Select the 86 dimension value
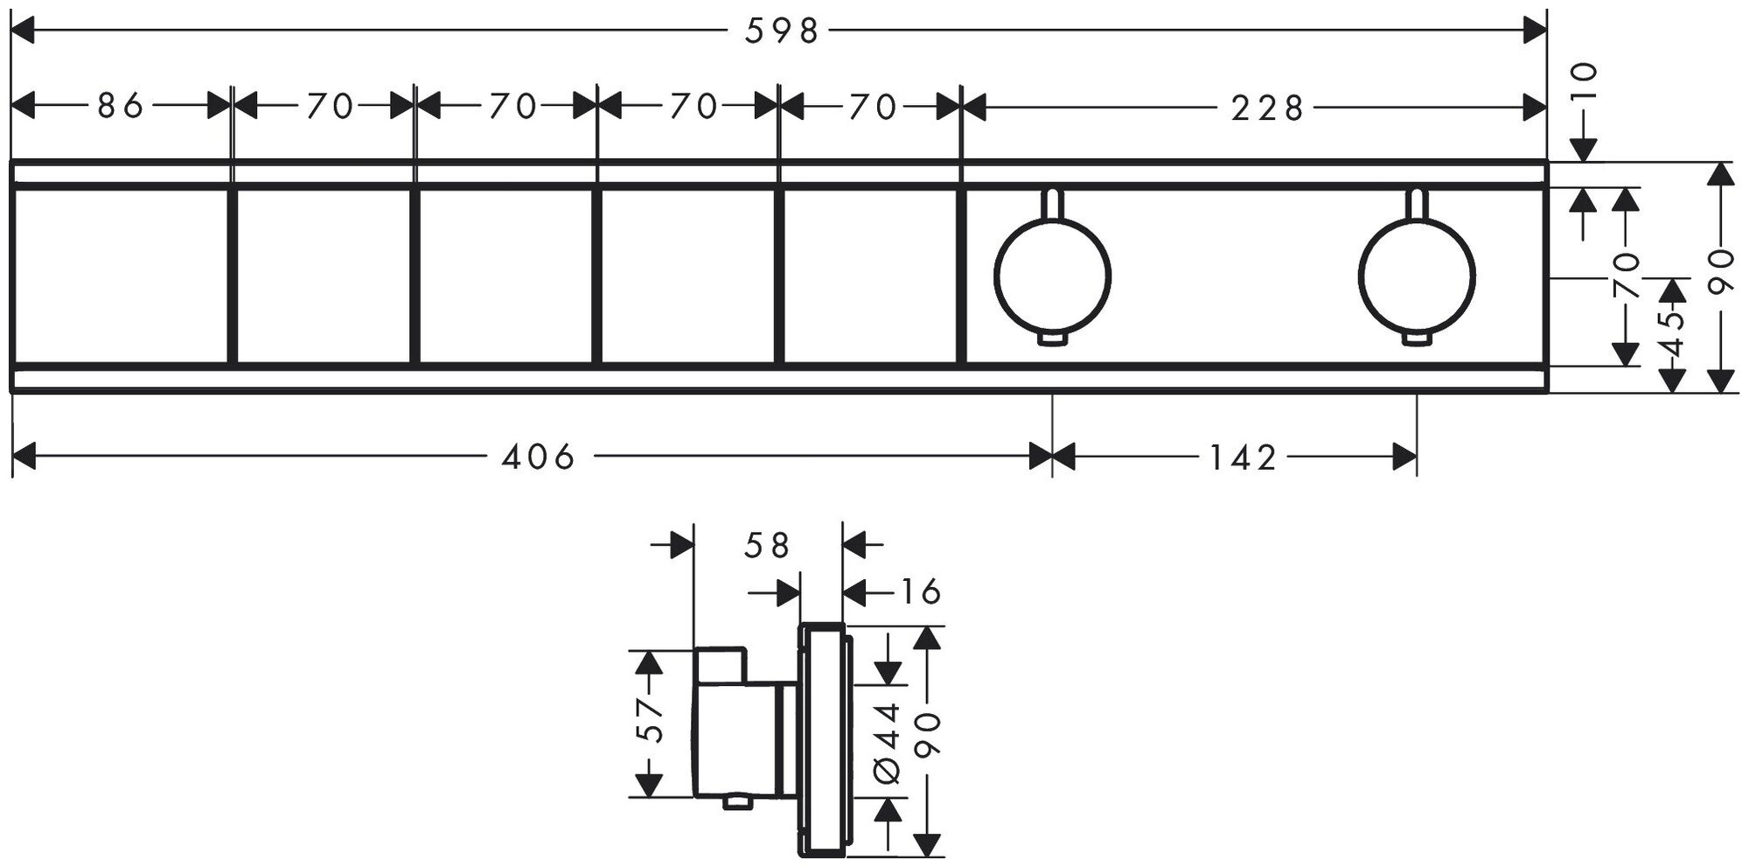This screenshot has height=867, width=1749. [120, 107]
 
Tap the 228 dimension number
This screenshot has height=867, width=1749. [1267, 108]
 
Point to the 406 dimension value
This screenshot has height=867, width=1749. [539, 456]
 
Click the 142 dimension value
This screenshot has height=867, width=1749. [1244, 456]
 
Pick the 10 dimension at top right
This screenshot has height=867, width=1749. [1585, 83]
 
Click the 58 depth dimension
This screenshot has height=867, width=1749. [767, 546]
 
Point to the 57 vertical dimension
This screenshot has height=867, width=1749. [651, 722]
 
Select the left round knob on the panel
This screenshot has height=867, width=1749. [1053, 276]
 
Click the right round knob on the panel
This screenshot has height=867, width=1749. [1416, 276]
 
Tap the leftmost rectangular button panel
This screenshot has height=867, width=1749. [121, 276]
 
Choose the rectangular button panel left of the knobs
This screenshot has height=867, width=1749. [869, 276]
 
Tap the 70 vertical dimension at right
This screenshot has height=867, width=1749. [1627, 276]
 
